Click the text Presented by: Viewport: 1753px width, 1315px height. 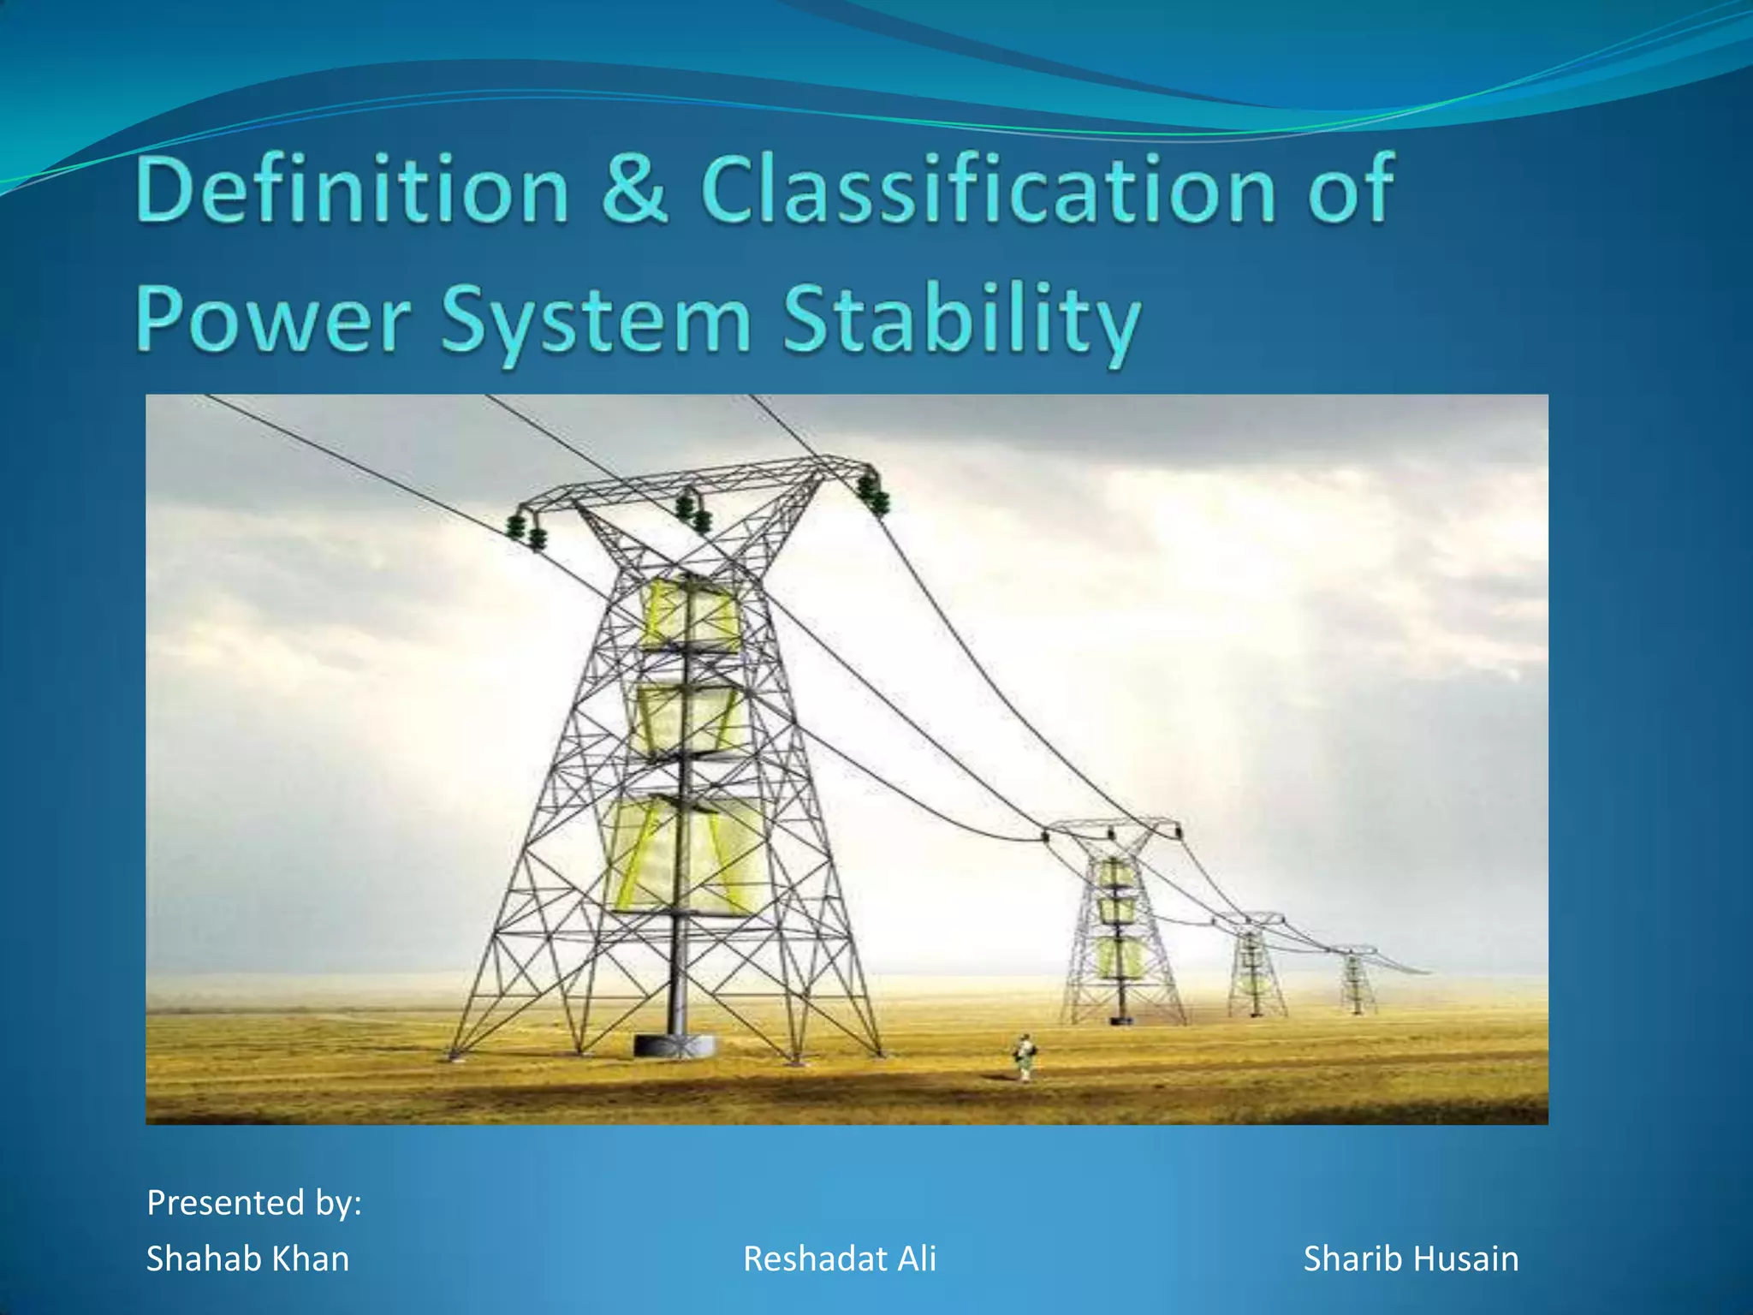(254, 1203)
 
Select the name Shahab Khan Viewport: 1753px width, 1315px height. (247, 1259)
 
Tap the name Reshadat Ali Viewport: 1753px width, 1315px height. (840, 1259)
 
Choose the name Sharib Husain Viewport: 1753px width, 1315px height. (1411, 1259)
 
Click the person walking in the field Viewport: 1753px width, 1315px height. (1024, 1056)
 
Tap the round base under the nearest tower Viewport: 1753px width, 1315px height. (674, 1044)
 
